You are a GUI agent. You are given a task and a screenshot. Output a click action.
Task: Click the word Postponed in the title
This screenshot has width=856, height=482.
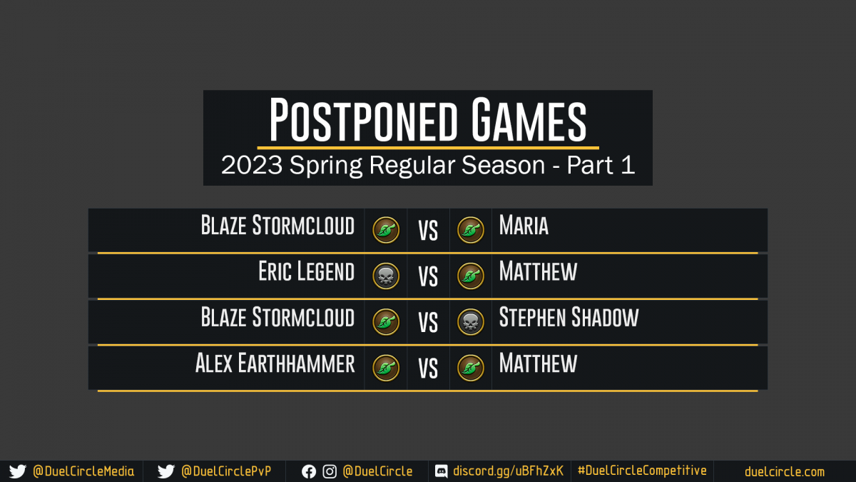tap(363, 119)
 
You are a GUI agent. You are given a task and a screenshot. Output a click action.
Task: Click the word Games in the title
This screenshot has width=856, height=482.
tap(529, 119)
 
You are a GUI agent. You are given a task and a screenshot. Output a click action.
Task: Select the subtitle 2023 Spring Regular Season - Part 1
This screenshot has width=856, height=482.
tap(428, 165)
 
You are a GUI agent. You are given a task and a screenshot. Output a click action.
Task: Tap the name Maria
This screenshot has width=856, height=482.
tap(524, 225)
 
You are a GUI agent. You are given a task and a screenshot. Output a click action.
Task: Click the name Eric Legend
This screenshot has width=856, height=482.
tap(307, 271)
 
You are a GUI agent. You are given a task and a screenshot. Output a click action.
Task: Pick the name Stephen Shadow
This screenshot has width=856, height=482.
tap(569, 317)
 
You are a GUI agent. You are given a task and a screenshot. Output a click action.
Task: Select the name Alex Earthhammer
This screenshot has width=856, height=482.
tap(275, 363)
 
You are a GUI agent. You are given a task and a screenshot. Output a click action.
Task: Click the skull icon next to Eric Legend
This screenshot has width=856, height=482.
tap(386, 276)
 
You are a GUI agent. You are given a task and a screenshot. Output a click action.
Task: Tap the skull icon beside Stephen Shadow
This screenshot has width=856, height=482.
tap(471, 322)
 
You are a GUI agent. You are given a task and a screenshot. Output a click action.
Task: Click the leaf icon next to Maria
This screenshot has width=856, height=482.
tap(471, 230)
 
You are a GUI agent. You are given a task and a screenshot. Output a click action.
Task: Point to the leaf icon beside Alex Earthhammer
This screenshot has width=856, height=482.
tap(386, 368)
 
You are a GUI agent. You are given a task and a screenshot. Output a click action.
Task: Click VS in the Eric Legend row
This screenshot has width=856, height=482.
tap(428, 276)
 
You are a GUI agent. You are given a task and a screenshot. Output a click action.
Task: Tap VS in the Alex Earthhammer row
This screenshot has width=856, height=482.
tap(428, 368)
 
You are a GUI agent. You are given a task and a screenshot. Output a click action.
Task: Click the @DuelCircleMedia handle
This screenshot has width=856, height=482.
tap(83, 471)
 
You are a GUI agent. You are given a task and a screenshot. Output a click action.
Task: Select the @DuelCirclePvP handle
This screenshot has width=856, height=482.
tap(226, 471)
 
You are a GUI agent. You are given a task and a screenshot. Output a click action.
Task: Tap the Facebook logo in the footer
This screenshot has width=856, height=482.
tap(309, 472)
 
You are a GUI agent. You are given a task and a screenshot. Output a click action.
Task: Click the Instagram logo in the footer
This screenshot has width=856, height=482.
tap(330, 472)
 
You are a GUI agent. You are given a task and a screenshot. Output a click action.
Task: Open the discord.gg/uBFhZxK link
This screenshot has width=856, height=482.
tap(508, 471)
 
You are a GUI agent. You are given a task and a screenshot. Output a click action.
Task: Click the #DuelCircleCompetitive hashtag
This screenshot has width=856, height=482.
tap(642, 471)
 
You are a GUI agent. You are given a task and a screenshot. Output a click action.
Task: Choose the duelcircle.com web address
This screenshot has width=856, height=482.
tap(785, 472)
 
